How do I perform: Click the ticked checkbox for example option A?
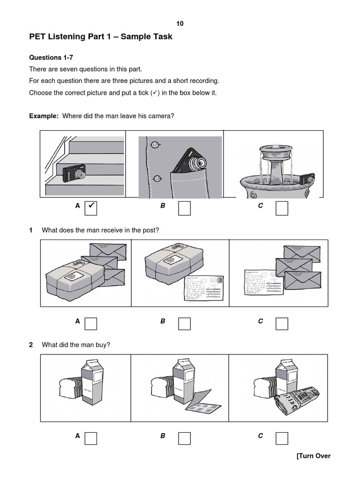(90, 208)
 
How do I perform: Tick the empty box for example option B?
(184, 208)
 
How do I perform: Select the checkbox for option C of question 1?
(282, 323)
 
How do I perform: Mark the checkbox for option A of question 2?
(90, 438)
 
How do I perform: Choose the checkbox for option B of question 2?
(184, 438)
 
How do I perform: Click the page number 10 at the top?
(180, 23)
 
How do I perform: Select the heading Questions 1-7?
(51, 58)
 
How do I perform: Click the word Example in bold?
(44, 116)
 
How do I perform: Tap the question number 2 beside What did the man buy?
(31, 345)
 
